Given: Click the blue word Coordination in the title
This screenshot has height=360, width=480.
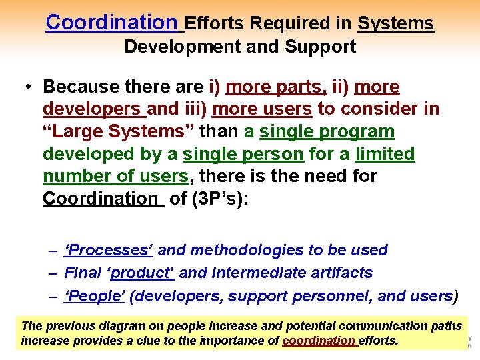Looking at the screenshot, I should pos(111,23).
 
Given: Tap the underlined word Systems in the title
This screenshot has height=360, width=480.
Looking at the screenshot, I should pos(395,24).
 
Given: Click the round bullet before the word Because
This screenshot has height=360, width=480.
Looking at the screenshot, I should pos(29,87).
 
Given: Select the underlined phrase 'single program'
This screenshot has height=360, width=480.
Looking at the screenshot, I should pos(327,131).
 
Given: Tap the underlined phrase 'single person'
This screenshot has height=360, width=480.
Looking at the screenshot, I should pos(243,154).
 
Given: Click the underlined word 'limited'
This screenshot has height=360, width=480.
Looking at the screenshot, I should pos(385,154).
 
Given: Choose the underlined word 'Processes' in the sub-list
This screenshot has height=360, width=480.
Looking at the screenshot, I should pos(109,250).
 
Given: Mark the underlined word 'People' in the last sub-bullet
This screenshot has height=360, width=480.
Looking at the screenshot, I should pos(95,295).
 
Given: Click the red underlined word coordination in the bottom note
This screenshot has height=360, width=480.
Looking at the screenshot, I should pos(319,341).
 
